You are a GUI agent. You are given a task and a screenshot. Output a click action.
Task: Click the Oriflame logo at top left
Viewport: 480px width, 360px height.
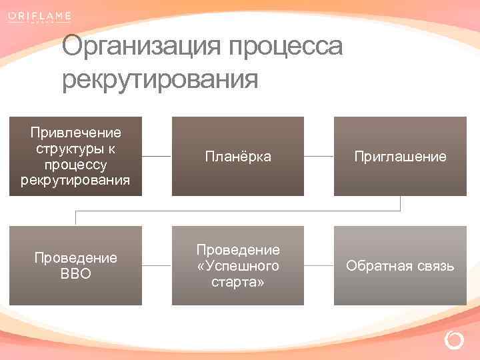pos(39,17)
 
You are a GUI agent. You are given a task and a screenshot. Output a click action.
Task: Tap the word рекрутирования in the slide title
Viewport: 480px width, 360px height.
pos(159,80)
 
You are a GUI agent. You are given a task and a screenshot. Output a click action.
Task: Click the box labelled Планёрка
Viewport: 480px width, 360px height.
pos(237,157)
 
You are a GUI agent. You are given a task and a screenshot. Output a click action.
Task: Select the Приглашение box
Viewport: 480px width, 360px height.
pos(399,157)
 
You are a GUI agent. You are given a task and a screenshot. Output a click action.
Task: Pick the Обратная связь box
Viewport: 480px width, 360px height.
pos(399,266)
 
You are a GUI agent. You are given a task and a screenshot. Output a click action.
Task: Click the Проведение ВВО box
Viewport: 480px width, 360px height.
pos(75,266)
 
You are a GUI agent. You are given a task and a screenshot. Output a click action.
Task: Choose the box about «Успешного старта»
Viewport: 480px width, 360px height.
pos(237,266)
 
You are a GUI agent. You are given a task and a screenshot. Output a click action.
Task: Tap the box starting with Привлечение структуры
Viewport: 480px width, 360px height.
pos(75,157)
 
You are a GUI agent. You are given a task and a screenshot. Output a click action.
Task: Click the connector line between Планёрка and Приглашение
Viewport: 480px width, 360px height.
pos(319,157)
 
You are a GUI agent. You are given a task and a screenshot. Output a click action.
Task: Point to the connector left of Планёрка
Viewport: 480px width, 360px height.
pos(157,157)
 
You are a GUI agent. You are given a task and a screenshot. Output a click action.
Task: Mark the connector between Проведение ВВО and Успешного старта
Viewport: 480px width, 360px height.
pos(157,265)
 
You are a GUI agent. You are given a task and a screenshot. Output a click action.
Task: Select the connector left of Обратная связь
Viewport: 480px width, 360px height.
pos(319,265)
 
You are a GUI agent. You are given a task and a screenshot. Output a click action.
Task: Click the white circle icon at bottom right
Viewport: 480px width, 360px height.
pos(453,341)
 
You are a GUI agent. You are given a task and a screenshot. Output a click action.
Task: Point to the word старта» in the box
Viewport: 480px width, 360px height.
pos(238,282)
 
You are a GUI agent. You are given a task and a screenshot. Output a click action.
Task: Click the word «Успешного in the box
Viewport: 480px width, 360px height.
pos(238,266)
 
